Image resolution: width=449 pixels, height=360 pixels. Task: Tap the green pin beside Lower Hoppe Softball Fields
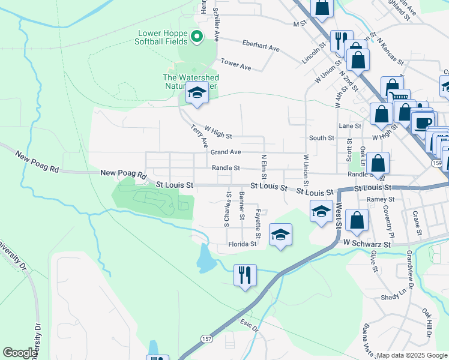196,38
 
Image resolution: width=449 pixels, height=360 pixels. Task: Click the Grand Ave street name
225,152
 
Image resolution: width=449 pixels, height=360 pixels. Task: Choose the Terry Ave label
199,137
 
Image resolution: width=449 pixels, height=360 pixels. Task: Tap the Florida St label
243,244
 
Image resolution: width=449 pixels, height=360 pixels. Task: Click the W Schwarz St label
367,244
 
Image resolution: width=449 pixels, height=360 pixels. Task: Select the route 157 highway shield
206,339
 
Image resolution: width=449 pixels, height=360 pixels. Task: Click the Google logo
20,353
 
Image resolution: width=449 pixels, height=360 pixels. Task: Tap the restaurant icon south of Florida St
245,275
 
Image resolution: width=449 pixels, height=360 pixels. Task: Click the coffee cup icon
423,122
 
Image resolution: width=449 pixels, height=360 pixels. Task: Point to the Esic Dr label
249,328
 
